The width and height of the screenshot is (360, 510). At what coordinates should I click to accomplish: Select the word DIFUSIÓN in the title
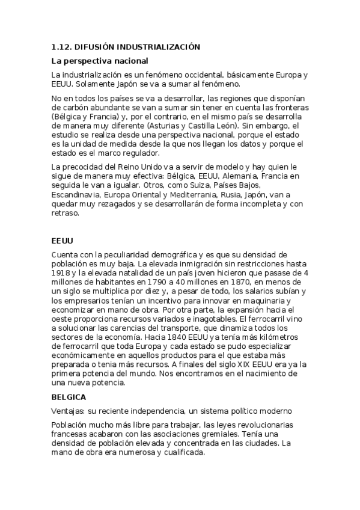tap(96, 46)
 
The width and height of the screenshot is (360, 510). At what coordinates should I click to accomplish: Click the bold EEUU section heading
tap(63, 241)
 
